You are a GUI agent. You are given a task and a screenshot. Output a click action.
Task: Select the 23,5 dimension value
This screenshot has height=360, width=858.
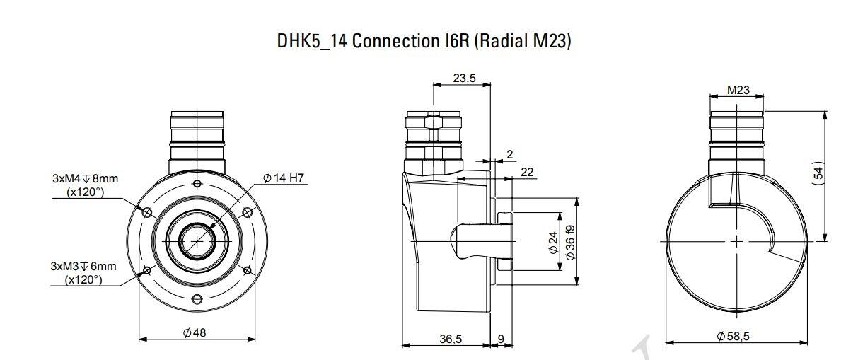pos(464,78)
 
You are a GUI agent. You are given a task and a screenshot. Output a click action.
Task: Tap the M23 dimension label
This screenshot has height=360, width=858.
pos(738,90)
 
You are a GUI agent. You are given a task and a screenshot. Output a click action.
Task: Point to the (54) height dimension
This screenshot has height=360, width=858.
pos(818,173)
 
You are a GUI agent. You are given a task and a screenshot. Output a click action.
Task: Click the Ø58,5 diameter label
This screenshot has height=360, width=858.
pos(733,336)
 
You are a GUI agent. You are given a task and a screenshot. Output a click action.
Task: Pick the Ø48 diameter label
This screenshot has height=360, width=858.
pos(195,332)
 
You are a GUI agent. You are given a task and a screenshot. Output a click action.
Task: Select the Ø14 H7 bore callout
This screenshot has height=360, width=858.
pos(284,178)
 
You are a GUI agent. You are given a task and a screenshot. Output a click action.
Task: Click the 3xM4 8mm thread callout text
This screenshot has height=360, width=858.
pos(86,185)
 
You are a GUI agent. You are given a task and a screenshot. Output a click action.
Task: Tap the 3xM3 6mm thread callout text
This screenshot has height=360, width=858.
pos(83,273)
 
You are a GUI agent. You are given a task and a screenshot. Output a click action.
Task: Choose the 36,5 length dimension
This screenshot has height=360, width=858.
pos(451,339)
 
